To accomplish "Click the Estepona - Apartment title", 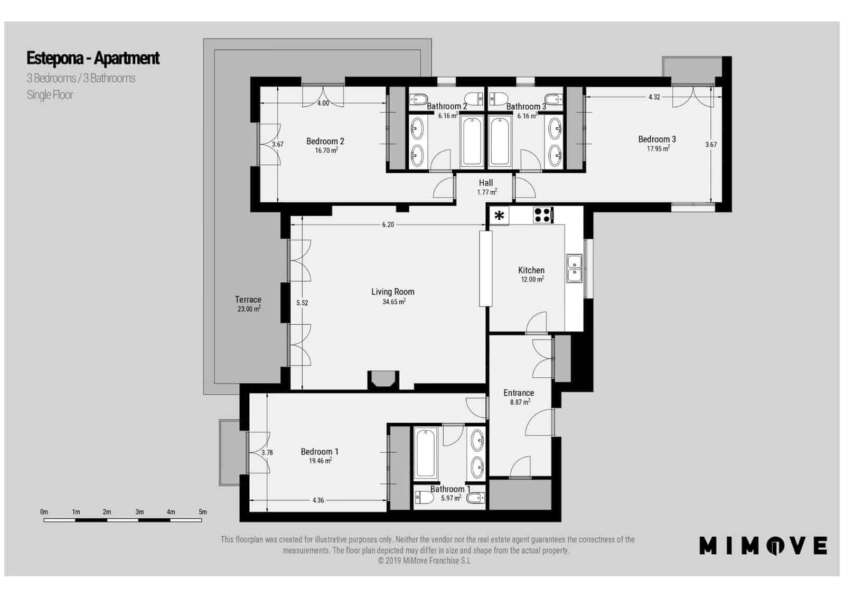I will click(x=93, y=58).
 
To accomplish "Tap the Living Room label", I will click(x=392, y=292).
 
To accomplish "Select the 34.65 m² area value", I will click(x=393, y=302).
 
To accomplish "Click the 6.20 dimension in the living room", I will click(x=388, y=225).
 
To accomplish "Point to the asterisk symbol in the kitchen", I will click(x=499, y=216).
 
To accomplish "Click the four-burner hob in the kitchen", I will click(x=542, y=214).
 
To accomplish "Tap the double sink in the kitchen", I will click(x=574, y=268).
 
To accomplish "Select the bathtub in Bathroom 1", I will click(x=426, y=453).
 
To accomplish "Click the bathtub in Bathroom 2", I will click(x=472, y=142).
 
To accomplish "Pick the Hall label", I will click(x=486, y=183).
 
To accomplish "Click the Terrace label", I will click(x=248, y=300).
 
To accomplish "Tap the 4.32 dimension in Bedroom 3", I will click(x=654, y=97).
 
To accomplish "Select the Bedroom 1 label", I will click(x=320, y=451).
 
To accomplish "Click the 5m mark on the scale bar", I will click(x=202, y=512).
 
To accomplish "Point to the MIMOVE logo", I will click(x=763, y=546).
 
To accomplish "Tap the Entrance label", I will click(x=519, y=393).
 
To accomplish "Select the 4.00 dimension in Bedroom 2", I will click(x=323, y=103).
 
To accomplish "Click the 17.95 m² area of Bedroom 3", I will click(x=658, y=149).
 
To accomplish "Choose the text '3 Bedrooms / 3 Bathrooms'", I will click(x=81, y=78).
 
